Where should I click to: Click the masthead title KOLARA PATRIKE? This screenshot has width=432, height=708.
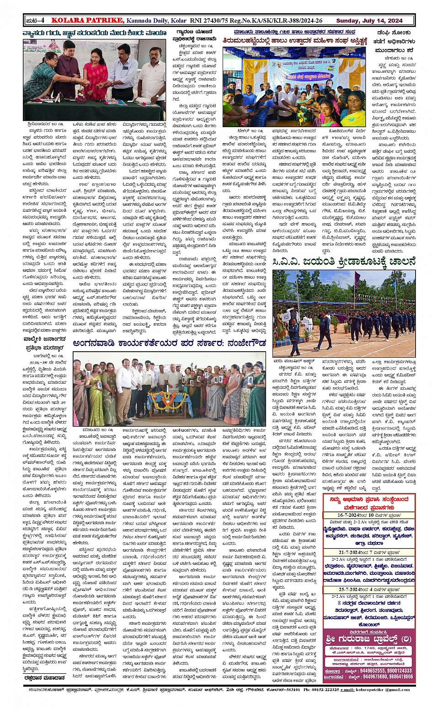(87, 20)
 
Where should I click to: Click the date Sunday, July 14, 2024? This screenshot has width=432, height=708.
(369, 21)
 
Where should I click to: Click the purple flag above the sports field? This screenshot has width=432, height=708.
(357, 279)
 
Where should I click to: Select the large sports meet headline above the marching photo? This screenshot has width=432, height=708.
(344, 262)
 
